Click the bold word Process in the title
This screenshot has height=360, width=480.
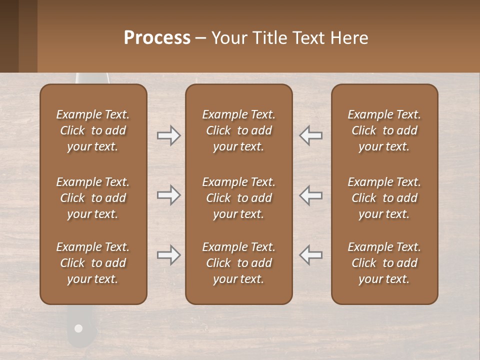157,38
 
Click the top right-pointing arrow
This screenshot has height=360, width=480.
168,135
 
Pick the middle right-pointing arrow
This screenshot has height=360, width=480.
168,195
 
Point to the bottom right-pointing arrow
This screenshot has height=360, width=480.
168,255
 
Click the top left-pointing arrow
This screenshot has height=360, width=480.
311,135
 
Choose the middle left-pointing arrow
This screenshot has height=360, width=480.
311,195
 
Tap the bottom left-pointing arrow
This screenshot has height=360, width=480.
311,255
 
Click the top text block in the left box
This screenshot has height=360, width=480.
93,130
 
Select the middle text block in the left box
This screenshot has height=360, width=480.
93,198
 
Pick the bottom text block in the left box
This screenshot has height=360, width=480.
93,263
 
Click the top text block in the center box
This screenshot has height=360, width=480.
239,130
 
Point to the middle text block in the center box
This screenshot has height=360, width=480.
239,198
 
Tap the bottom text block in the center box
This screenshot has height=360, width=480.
239,263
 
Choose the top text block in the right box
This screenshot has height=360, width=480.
384,130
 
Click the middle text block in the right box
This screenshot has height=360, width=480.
384,198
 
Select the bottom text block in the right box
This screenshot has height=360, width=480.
384,263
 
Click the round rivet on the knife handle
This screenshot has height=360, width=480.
78,328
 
